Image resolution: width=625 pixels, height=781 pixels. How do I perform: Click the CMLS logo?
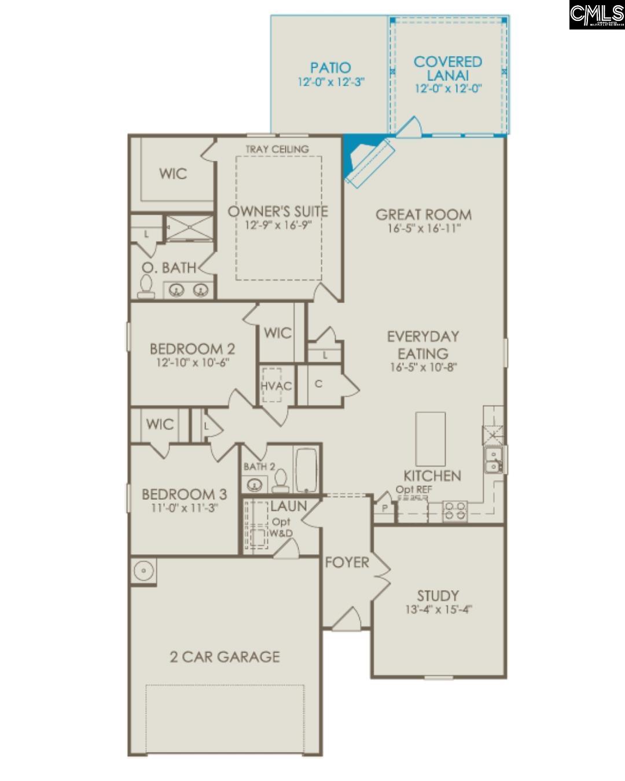tap(597, 14)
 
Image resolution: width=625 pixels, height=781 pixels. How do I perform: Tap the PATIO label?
tap(330, 68)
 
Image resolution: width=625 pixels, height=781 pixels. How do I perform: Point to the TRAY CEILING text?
tap(277, 149)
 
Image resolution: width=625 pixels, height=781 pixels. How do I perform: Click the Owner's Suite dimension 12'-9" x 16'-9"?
tap(278, 225)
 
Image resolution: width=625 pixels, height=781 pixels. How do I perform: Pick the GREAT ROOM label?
tap(424, 215)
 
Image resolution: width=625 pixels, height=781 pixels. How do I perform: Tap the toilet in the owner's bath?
tap(146, 286)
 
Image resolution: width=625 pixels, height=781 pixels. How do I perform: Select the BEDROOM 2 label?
tap(193, 349)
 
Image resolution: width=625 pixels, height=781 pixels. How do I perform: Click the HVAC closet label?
tap(276, 386)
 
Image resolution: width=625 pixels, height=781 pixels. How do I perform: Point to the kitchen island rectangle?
tap(431, 439)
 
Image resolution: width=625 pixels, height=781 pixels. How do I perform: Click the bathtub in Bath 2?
tap(306, 469)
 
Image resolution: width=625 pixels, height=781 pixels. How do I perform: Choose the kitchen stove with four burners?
tap(455, 511)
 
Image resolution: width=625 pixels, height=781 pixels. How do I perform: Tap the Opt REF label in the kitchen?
tap(414, 489)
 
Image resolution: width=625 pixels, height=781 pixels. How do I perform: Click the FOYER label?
tap(347, 562)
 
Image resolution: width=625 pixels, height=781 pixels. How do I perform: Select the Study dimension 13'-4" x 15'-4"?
tap(439, 609)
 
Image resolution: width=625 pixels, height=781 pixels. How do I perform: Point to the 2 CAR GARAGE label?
tap(225, 657)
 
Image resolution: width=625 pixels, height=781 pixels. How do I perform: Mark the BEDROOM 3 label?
tap(185, 495)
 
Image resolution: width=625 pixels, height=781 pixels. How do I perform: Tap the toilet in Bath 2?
tap(281, 480)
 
